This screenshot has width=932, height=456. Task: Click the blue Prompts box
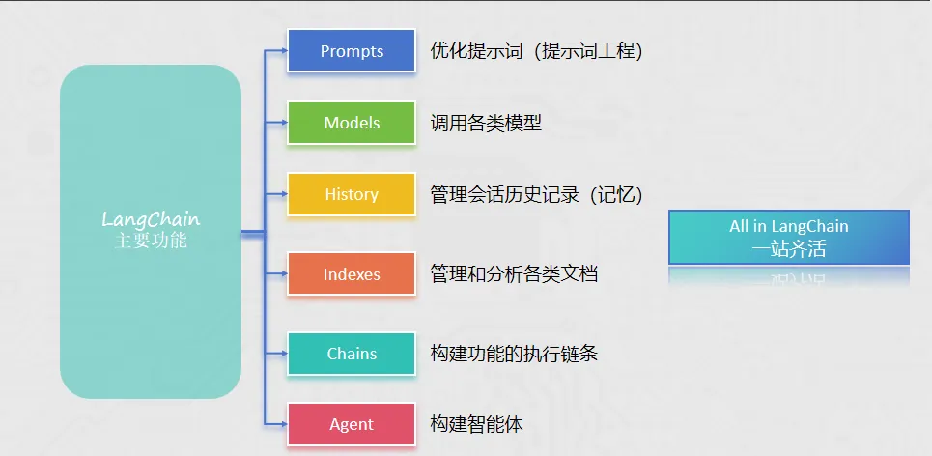click(352, 51)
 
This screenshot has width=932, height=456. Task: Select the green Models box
click(352, 123)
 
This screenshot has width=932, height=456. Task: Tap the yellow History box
click(352, 194)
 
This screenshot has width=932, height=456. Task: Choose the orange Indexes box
click(352, 274)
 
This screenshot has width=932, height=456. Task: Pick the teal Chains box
click(352, 354)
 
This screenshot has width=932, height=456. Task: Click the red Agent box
click(352, 425)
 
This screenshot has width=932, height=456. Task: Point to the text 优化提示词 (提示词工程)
click(536, 51)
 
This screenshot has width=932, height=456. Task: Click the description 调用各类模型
click(486, 123)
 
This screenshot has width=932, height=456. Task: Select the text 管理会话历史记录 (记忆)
click(536, 194)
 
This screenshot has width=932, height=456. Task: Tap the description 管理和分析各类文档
click(514, 274)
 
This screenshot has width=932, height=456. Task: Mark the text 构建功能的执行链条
click(514, 354)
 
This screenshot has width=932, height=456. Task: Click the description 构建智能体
click(477, 425)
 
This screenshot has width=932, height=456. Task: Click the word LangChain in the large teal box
click(151, 219)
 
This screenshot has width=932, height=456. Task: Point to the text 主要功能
click(151, 242)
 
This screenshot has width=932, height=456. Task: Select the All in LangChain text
click(789, 226)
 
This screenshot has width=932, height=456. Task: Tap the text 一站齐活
click(789, 248)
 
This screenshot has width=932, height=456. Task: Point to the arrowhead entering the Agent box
click(283, 423)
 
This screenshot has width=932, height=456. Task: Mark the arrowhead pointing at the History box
click(283, 193)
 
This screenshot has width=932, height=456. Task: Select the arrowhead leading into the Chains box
click(283, 354)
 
